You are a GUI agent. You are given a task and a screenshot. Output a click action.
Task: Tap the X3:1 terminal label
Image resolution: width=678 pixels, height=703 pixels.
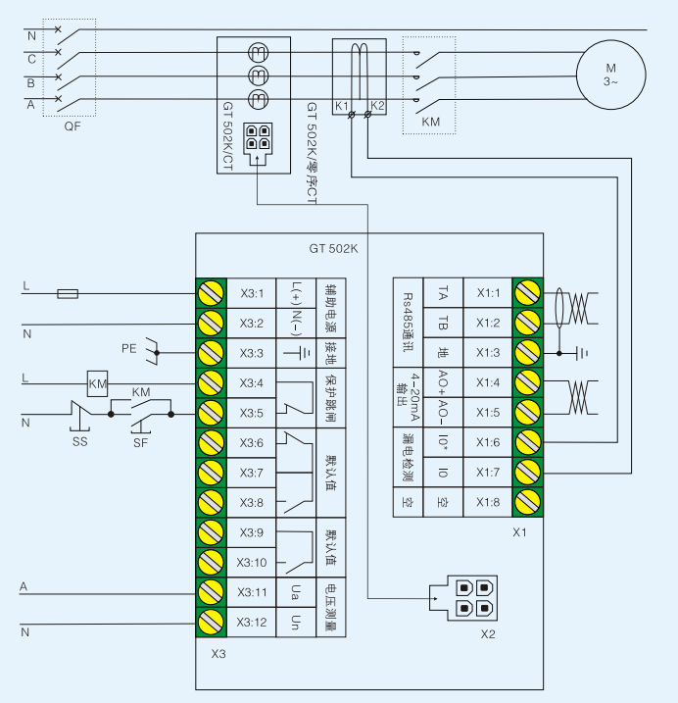pyautogui.click(x=253, y=292)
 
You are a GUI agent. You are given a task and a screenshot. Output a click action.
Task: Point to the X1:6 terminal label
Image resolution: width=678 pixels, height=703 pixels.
pyautogui.click(x=488, y=443)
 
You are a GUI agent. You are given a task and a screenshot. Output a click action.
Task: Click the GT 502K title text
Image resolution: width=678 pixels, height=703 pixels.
pyautogui.click(x=333, y=249)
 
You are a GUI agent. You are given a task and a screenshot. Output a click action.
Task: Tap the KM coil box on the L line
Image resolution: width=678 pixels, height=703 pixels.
pyautogui.click(x=97, y=382)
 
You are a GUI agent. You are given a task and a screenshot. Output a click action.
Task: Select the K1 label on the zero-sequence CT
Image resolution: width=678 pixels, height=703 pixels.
pyautogui.click(x=342, y=105)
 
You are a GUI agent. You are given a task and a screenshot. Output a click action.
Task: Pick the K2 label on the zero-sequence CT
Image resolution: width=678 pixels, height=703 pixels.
pyautogui.click(x=377, y=105)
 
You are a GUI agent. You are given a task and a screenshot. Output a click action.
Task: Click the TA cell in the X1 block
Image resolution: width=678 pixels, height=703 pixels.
pyautogui.click(x=443, y=292)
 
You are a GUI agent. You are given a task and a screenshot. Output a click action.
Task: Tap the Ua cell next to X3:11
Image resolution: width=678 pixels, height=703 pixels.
pyautogui.click(x=296, y=591)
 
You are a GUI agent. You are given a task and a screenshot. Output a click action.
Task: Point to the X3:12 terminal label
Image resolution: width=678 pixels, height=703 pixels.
pyautogui.click(x=253, y=622)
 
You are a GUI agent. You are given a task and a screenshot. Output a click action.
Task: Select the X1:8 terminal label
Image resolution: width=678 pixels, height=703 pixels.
pyautogui.click(x=488, y=503)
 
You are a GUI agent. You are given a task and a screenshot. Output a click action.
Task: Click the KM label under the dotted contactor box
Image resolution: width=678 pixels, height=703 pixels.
pyautogui.click(x=429, y=123)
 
